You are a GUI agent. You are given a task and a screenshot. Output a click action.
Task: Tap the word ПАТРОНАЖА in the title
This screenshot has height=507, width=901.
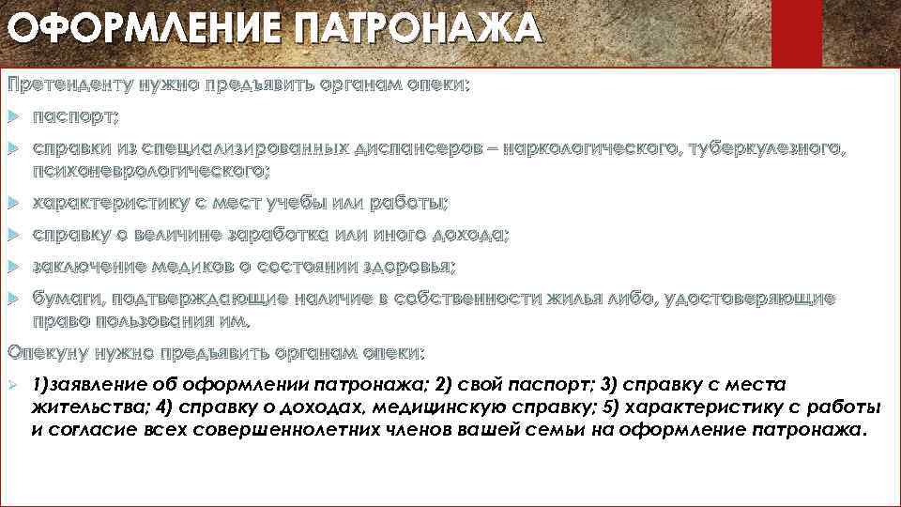coord(417,28)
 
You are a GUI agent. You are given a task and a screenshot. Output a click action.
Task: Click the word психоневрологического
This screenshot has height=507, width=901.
coord(150,171)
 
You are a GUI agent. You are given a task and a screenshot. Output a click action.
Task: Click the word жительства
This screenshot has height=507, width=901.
coord(85,407)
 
